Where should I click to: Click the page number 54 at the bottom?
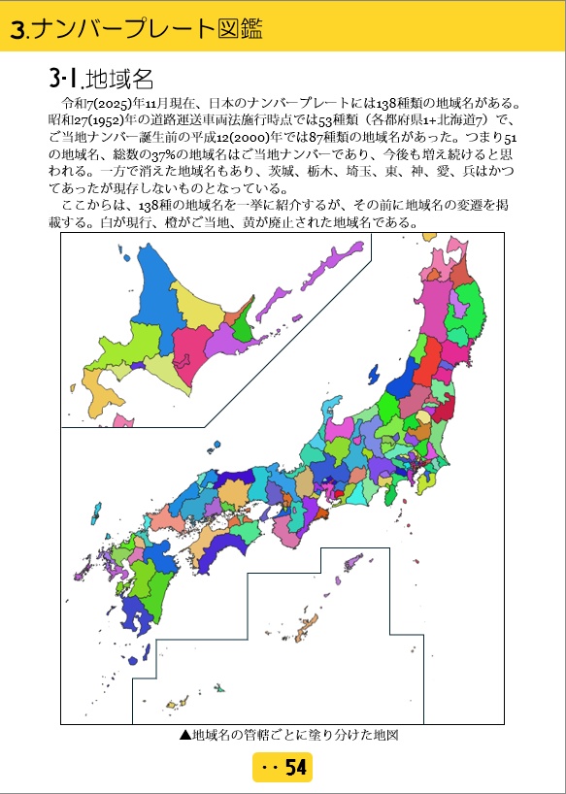point(295,768)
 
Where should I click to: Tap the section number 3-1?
point(63,79)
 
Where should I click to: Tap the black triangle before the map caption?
point(184,735)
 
